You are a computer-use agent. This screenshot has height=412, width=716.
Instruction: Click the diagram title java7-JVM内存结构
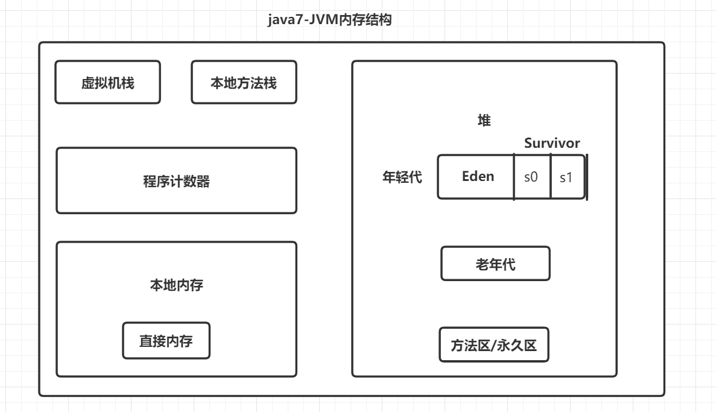pos(330,20)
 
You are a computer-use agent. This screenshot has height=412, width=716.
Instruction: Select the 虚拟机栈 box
pos(108,83)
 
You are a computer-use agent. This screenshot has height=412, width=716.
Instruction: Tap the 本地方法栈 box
pos(244,83)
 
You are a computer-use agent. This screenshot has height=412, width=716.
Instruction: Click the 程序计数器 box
pos(176,181)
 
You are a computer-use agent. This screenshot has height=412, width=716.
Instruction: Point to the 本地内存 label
pos(176,285)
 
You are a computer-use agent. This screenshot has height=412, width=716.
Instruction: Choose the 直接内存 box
pos(166,341)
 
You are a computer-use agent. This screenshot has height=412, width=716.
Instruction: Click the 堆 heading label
pos(484,121)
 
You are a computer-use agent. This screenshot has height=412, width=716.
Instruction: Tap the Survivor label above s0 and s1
pos(552,144)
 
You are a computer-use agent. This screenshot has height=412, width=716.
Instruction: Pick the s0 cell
pos(531,177)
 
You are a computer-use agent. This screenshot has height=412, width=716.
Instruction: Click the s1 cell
pos(567,177)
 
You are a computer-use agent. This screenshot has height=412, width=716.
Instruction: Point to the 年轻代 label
pos(402,177)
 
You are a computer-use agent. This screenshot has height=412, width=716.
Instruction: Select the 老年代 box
pos(495,264)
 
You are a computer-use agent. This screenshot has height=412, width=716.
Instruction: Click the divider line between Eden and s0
pos(514,177)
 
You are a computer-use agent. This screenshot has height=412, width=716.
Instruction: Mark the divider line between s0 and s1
pos(551,177)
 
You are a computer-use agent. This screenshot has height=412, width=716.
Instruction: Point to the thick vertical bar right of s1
pos(586,177)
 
